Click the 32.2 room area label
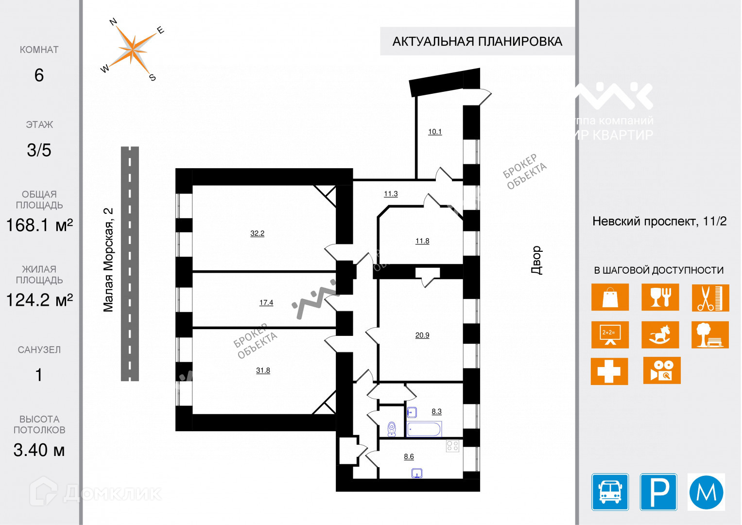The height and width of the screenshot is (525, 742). coord(257,233)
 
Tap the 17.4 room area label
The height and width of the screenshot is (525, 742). coord(266,302)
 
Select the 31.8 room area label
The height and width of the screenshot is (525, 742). coord(263,370)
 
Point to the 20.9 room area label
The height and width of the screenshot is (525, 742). coord(422,335)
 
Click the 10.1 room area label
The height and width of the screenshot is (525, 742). coord(435,132)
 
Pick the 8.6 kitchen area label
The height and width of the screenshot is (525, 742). coord(409,456)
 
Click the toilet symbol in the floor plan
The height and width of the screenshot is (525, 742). coord(392,428)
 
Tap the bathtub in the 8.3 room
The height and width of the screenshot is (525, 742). coord(424,429)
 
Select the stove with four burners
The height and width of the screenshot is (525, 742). coord(452,445)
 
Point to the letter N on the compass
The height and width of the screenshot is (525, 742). coord(113,22)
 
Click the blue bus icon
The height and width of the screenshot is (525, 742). coord(610,492)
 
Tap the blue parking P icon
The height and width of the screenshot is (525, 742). coord(658,492)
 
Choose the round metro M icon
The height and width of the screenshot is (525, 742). coord(706,492)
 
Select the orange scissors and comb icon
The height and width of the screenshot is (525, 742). coord(710,297)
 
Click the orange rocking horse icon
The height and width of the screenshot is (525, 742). coord(660,334)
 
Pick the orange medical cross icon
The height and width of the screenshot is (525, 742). coord(609,371)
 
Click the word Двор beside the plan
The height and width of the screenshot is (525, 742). coord(536,260)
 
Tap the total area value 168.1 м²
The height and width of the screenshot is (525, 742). coord(39,225)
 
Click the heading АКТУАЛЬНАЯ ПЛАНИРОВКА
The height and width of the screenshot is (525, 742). coord(477,41)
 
